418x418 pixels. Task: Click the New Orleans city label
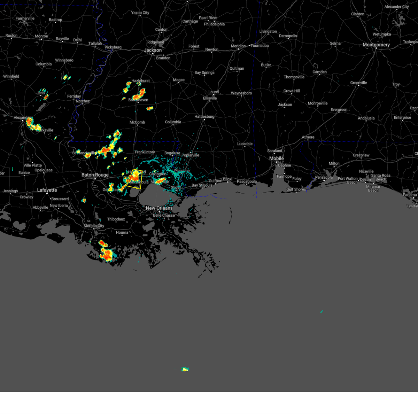[x=159, y=208]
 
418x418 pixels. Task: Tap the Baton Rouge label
[x=95, y=175]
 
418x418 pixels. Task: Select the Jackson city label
[x=153, y=50]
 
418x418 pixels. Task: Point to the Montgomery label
[x=376, y=45]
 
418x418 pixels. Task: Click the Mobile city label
[x=277, y=158]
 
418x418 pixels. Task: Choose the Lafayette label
[x=47, y=190]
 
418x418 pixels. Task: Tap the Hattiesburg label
[x=204, y=117]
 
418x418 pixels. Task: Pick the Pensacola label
[x=324, y=177]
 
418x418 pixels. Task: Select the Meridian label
[x=238, y=46]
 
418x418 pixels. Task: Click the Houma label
[x=122, y=232]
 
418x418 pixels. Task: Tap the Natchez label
[x=83, y=101]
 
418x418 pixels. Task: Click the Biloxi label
[x=227, y=179]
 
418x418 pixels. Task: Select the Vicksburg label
[x=113, y=47]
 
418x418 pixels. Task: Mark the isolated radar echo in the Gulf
[x=185, y=369]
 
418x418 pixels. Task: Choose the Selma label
[x=335, y=44]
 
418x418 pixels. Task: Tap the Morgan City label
[x=94, y=226]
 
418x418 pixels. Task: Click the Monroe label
[x=41, y=36]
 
